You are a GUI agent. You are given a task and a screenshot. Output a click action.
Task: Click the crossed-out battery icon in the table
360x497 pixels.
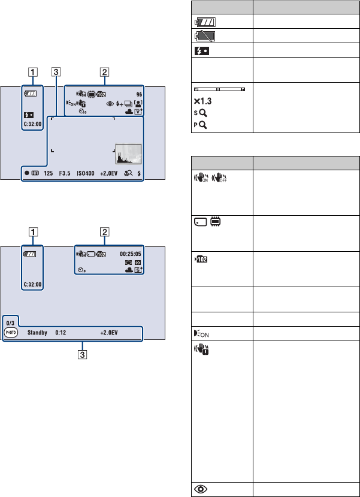[205, 37]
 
